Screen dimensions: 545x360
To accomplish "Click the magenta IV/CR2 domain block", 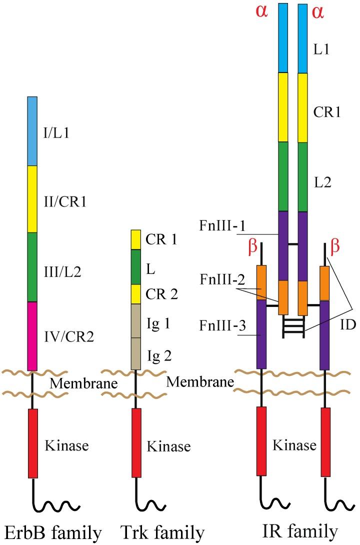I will click(32, 336).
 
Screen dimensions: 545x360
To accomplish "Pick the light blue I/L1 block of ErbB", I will click(32, 131).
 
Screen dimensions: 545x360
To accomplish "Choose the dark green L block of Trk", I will click(136, 267).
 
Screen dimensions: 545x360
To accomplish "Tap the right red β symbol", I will click(336, 248).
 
